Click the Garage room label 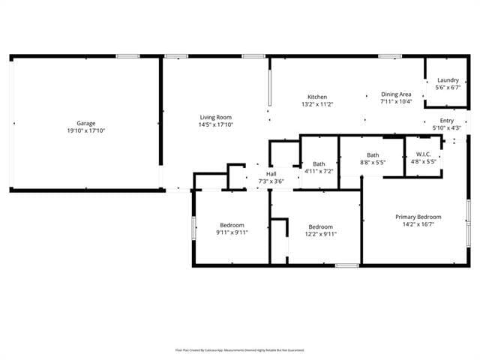(85, 123)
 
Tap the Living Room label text (215, 117)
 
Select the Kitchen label (317, 97)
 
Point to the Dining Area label (396, 94)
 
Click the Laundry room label (448, 80)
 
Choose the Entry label (447, 121)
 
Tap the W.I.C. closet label (420, 154)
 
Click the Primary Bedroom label (418, 217)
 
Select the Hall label (271, 174)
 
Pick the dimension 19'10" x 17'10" (85, 130)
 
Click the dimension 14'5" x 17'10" (215, 124)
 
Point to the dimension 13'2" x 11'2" (317, 105)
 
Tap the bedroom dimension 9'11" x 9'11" (232, 232)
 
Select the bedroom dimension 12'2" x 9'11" (321, 234)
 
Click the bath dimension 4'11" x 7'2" (319, 171)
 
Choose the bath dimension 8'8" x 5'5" (373, 162)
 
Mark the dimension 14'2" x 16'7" (418, 223)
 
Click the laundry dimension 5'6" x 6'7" (448, 87)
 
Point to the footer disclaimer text (240, 349)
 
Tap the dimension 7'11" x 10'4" (396, 101)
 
